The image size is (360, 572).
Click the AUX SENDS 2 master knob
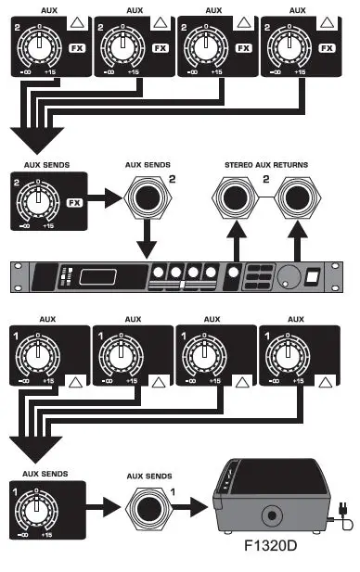tap(36, 201)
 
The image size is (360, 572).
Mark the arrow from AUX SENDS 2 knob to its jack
tap(107, 200)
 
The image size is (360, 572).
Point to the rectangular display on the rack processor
tap(99, 277)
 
